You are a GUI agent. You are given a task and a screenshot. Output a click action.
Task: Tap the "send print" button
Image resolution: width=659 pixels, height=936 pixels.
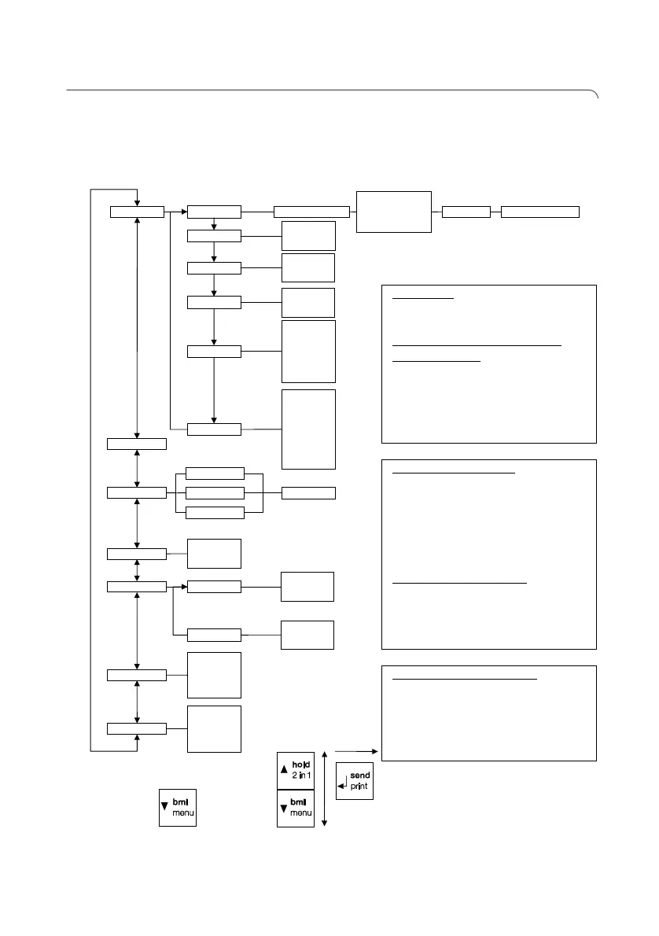pyautogui.click(x=355, y=781)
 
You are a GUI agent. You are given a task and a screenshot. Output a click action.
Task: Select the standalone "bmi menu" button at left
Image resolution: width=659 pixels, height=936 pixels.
pyautogui.click(x=177, y=807)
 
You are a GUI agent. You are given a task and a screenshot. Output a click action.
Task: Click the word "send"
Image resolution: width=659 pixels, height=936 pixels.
pyautogui.click(x=360, y=776)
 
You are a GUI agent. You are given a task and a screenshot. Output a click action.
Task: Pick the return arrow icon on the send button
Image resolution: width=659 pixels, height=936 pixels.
pyautogui.click(x=343, y=783)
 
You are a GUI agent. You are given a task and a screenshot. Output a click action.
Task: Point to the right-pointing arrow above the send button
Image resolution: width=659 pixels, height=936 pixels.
pyautogui.click(x=357, y=751)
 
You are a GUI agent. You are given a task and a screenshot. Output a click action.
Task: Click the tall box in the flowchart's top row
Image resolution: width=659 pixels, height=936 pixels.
pyautogui.click(x=394, y=211)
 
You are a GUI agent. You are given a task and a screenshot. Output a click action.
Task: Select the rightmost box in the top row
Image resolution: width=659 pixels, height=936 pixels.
pyautogui.click(x=540, y=211)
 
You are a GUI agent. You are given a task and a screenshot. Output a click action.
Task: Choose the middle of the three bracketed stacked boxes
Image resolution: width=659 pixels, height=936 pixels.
pyautogui.click(x=214, y=493)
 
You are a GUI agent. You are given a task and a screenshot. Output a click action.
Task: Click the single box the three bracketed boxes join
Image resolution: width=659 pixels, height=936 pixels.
pyautogui.click(x=308, y=493)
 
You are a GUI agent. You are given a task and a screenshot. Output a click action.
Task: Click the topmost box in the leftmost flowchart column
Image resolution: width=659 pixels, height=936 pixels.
pyautogui.click(x=137, y=211)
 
